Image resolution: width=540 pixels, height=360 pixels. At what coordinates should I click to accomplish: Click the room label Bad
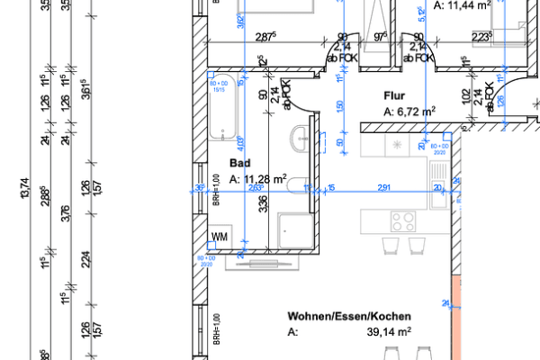coord(239,164)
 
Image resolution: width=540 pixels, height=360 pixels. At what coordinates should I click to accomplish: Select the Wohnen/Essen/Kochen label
coord(349,317)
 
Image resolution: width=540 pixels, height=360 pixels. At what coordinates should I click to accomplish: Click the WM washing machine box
coord(220,237)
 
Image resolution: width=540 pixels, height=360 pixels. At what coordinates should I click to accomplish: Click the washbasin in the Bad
coord(301,138)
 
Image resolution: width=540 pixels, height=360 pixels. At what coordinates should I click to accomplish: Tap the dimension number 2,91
coord(384,187)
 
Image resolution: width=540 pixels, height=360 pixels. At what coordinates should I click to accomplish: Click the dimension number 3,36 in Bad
coord(263,206)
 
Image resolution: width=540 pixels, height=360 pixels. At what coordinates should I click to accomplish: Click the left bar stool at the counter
coord(390,246)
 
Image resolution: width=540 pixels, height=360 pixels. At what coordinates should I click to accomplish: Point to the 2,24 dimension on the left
coord(85,261)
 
